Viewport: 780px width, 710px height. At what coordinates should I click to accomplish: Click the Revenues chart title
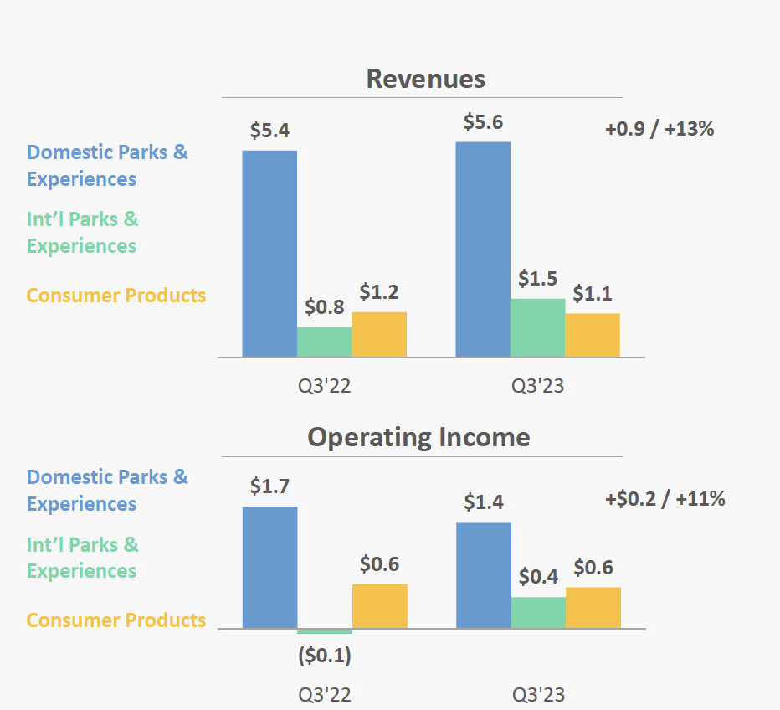(x=425, y=79)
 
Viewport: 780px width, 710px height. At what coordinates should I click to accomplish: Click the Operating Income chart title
(x=418, y=437)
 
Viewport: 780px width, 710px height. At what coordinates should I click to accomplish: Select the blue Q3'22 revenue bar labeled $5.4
(x=269, y=254)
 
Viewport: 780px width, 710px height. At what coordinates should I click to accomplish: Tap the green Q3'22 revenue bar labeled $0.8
(x=325, y=342)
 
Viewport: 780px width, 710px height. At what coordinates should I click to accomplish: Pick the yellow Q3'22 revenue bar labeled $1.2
(x=379, y=335)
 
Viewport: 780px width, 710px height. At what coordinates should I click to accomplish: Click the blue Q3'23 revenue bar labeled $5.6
(x=483, y=250)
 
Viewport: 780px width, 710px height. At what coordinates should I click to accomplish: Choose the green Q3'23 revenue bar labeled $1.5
(x=537, y=327)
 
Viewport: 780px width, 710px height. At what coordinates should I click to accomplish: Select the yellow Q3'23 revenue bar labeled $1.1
(x=593, y=336)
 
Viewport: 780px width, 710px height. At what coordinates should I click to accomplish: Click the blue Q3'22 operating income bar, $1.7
(x=269, y=567)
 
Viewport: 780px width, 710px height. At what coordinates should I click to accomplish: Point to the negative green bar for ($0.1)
(x=325, y=631)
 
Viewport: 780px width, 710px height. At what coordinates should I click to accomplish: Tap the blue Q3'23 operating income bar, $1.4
(x=483, y=575)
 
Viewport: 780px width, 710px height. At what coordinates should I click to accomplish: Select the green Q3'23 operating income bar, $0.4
(x=538, y=612)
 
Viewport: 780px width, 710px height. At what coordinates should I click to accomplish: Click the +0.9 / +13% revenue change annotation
(x=659, y=130)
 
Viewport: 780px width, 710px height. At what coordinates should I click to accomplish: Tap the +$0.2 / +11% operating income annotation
(x=665, y=499)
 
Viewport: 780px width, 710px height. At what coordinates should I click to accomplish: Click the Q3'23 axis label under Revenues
(x=537, y=386)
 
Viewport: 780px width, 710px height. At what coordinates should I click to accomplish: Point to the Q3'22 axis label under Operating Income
(x=325, y=695)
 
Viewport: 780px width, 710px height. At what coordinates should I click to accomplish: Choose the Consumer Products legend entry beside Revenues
(x=116, y=296)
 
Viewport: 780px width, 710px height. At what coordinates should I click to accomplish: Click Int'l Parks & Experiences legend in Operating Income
(x=83, y=558)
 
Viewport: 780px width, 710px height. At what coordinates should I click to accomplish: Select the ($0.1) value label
(x=325, y=656)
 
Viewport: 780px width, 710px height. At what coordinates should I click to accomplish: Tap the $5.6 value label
(x=483, y=122)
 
